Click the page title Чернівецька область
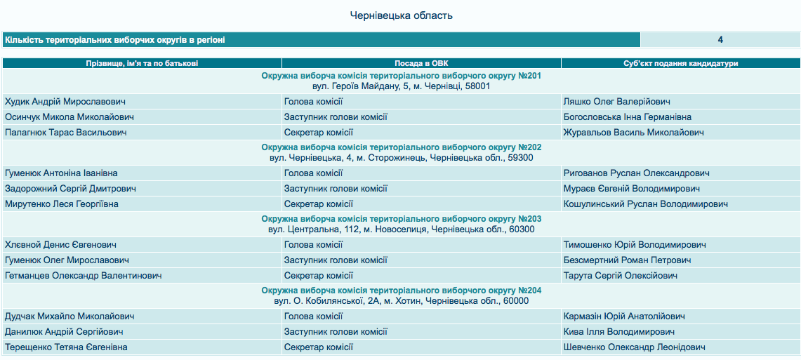coord(401,15)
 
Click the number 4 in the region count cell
coord(720,40)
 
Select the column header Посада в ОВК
coord(421,63)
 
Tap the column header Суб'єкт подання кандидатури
coord(680,63)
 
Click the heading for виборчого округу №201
coord(401,75)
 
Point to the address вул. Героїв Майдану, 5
coord(401,86)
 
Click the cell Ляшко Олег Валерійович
coord(617,102)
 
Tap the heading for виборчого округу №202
coord(401,147)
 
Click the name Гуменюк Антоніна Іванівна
coord(61,173)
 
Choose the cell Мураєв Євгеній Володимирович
coord(632,189)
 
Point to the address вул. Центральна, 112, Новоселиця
coord(401,229)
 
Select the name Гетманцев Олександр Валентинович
coord(83,276)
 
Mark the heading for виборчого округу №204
coord(401,291)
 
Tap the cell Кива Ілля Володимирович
coord(619,332)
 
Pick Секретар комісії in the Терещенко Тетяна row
coord(318,347)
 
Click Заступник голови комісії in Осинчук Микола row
coord(336,117)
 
